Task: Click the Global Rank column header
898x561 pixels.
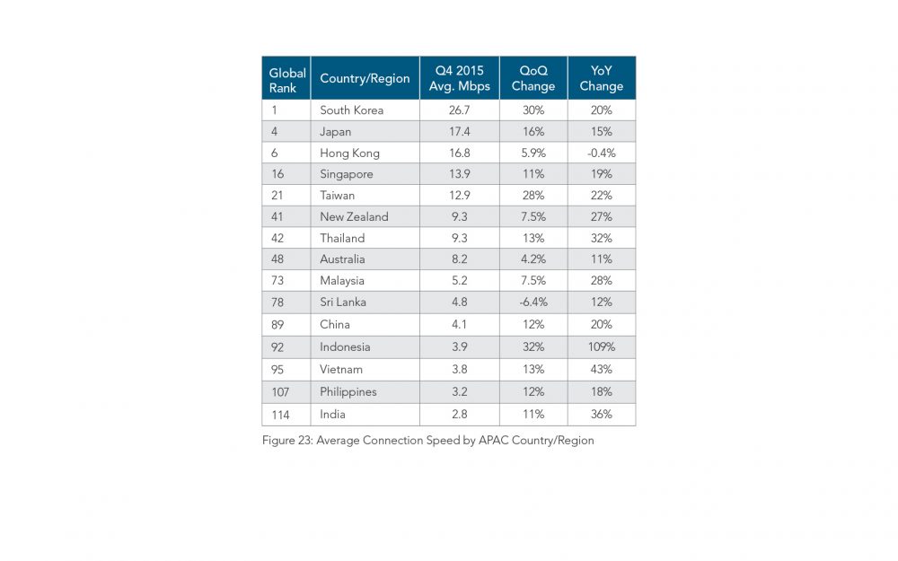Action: click(x=287, y=80)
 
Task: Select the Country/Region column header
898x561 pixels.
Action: click(x=365, y=79)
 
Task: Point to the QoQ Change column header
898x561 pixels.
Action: click(x=533, y=79)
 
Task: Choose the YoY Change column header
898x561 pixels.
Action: click(x=602, y=79)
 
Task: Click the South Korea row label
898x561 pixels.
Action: click(x=352, y=110)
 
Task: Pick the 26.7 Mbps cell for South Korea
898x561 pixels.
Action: click(x=460, y=110)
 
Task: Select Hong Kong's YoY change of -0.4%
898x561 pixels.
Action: click(x=602, y=153)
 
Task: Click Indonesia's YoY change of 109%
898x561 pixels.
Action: click(x=602, y=347)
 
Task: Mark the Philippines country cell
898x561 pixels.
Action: click(x=348, y=392)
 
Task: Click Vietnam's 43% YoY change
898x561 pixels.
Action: click(x=602, y=370)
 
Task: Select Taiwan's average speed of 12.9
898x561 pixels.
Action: click(x=460, y=196)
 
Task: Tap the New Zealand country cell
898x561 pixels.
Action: click(x=354, y=217)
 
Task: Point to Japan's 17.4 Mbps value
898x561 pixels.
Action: click(x=460, y=132)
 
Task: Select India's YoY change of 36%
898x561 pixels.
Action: click(x=602, y=415)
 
